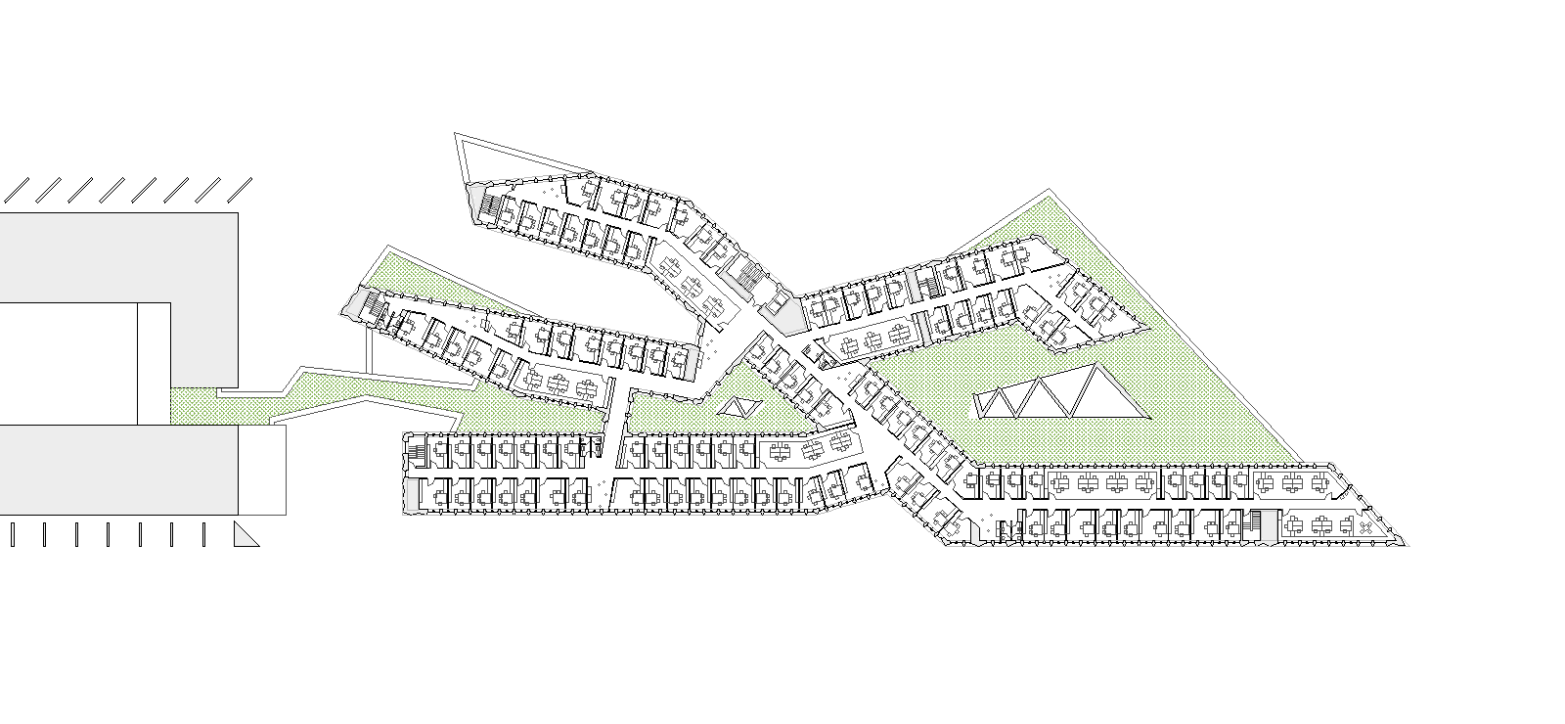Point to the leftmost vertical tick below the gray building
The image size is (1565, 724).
click(x=13, y=534)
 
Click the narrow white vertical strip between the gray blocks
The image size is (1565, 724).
click(x=154, y=363)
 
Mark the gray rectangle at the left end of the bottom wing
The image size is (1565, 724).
click(x=412, y=495)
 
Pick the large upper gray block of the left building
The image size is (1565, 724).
click(x=117, y=256)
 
